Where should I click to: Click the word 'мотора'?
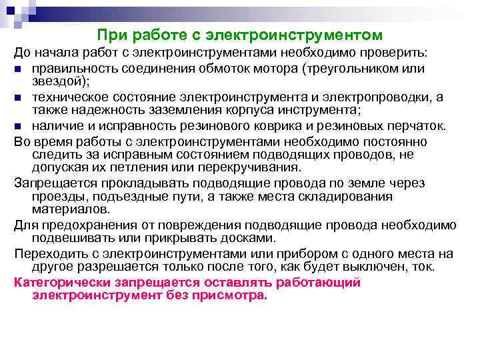coord(280,69)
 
